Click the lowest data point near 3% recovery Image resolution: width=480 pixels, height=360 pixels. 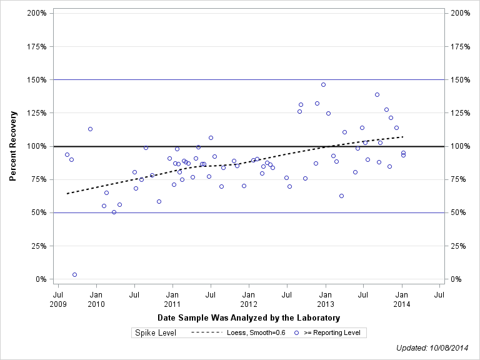coord(74,274)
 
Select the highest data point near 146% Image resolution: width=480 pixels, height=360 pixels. coord(323,84)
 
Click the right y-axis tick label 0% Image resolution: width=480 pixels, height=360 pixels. coord(456,279)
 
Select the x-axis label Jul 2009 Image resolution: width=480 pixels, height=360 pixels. coord(58,298)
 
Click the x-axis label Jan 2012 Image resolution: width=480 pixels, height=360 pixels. coord(249,298)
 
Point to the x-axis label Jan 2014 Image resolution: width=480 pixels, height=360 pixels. coord(402,298)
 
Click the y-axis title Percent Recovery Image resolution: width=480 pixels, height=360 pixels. coord(13,146)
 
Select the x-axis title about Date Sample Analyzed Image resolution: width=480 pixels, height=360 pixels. coord(249,318)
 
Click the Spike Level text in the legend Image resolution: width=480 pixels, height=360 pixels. coord(156,332)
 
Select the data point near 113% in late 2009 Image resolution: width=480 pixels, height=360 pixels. coord(90,129)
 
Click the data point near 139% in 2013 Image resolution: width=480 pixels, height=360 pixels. coord(377,94)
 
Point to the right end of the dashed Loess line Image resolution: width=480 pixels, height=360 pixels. coord(403,136)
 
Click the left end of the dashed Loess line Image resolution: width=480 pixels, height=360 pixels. coord(67,193)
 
